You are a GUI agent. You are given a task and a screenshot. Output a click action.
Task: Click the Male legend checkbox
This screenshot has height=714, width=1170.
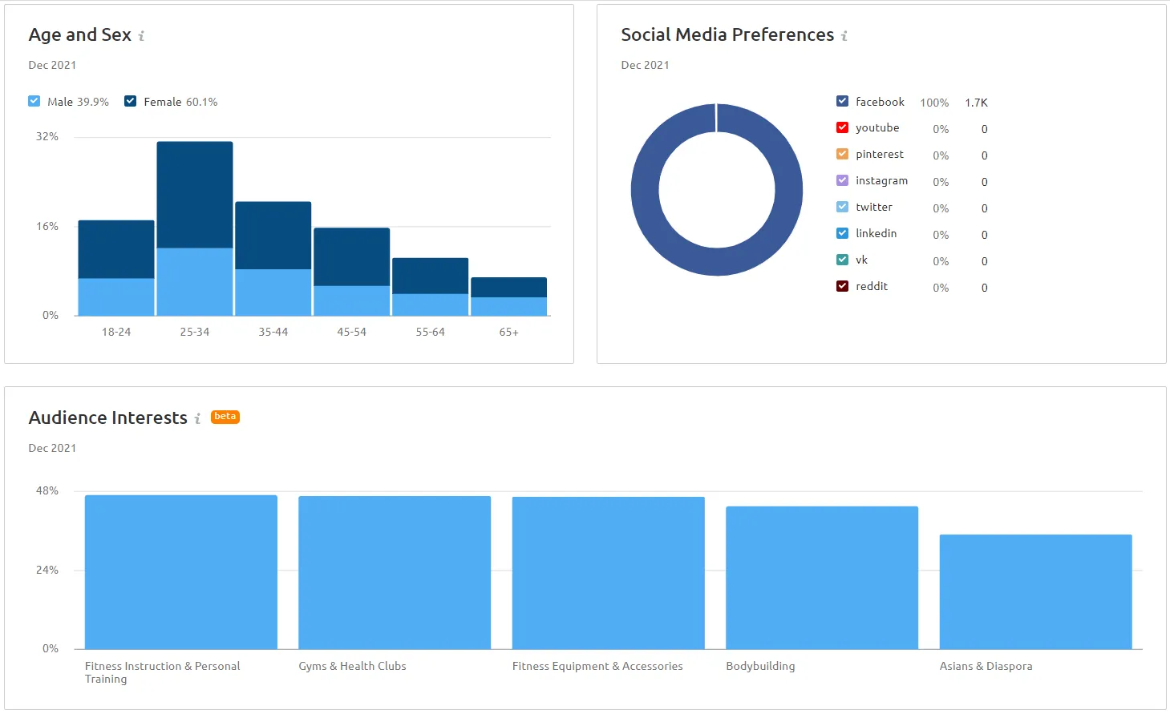[34, 101]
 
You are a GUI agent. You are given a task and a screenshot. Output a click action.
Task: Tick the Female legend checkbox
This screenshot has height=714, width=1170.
[130, 101]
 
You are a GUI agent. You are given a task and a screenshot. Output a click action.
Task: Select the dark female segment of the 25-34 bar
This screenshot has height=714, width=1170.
[195, 195]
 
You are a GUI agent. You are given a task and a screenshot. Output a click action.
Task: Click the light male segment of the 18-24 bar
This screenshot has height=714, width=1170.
[116, 296]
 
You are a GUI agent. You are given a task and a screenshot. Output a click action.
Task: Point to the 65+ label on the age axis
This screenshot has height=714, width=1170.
[508, 332]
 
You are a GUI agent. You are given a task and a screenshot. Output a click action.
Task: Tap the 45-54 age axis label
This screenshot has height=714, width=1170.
[351, 332]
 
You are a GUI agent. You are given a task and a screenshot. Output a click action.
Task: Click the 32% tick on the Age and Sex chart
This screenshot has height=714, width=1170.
[47, 137]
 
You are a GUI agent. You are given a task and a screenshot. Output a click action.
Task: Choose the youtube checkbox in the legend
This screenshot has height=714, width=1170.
[842, 127]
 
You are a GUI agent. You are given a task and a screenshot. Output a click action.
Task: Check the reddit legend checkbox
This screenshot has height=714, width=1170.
[842, 286]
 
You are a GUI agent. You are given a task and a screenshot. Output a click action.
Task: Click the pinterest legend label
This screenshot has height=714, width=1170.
[879, 154]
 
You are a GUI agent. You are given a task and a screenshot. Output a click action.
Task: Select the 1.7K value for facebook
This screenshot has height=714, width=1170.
[976, 103]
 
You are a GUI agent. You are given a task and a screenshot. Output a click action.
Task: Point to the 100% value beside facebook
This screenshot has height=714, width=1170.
[934, 103]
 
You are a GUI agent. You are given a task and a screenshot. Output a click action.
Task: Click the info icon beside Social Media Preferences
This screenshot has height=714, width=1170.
[844, 36]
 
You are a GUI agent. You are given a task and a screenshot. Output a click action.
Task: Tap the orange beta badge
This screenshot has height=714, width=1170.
[225, 417]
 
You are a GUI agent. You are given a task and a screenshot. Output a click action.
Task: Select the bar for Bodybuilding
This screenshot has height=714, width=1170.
[822, 577]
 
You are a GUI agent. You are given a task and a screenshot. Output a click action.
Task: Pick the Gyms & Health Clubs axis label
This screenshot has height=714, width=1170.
[352, 666]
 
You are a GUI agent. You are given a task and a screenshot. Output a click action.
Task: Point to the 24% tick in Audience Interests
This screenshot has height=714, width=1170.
[47, 570]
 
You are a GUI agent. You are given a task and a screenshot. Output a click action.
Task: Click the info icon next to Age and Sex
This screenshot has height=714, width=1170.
[141, 36]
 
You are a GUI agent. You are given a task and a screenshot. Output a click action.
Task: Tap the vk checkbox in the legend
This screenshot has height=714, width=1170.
[842, 260]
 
